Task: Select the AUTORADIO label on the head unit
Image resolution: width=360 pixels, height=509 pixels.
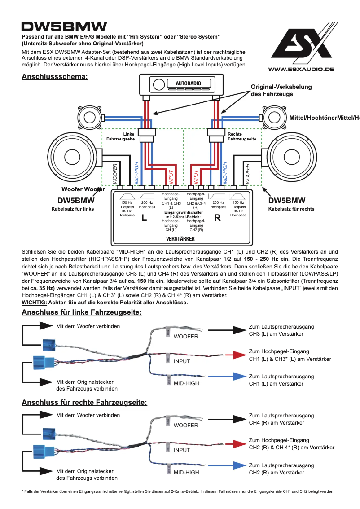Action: click(189, 84)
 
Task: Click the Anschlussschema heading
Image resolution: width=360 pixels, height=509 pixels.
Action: click(55, 77)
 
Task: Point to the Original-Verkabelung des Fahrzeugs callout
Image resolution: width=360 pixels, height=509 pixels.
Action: click(281, 90)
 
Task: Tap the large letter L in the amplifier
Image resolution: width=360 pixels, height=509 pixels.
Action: click(144, 218)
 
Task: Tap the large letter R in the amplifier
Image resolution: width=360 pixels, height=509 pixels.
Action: click(218, 218)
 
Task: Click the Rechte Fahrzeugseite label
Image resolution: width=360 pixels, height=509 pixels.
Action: click(241, 136)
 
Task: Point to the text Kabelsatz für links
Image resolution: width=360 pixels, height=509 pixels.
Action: click(73, 209)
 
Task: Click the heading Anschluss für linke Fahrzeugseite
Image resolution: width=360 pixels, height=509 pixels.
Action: click(82, 312)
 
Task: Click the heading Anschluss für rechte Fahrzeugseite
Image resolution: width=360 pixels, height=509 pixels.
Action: click(84, 402)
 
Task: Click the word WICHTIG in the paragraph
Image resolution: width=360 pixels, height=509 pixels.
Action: click(34, 302)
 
